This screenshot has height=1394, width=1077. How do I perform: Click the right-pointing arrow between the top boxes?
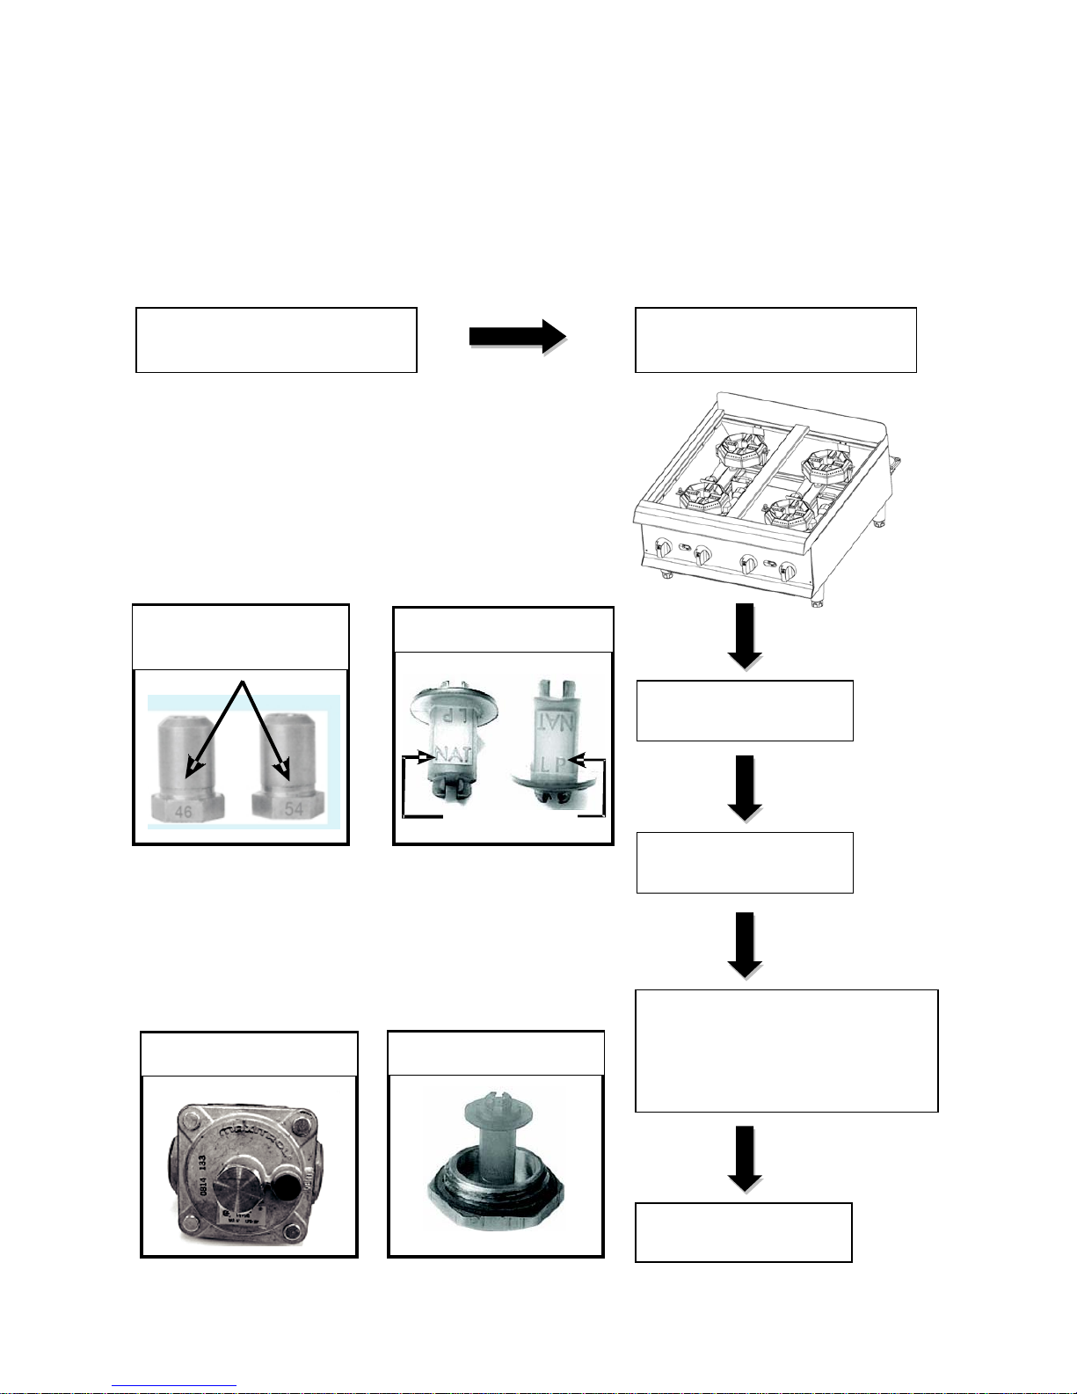(x=517, y=337)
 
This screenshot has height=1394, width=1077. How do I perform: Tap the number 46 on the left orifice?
(x=183, y=811)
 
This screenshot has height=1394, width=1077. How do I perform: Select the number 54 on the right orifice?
(x=294, y=808)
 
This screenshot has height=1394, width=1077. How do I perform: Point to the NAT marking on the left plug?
(x=454, y=755)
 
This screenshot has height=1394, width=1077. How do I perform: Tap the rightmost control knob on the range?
(x=789, y=572)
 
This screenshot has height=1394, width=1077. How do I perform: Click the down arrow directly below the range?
(x=745, y=635)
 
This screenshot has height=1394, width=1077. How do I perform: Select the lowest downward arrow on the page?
(x=745, y=1158)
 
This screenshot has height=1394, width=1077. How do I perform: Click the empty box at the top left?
(x=276, y=340)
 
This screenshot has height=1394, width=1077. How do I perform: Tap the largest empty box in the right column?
(x=786, y=1051)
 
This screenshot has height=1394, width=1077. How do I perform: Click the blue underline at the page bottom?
(x=174, y=1387)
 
